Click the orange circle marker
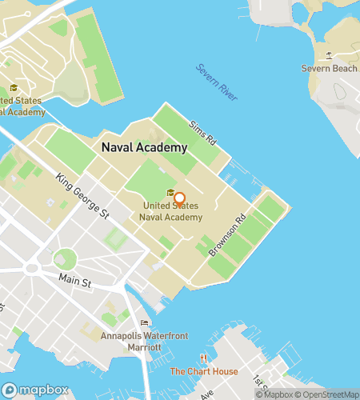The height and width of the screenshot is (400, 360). coord(179,199)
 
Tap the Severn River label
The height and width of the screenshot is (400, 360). coord(217,82)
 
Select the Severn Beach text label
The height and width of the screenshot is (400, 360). coord(329,69)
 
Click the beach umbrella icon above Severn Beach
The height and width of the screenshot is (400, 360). coord(329,55)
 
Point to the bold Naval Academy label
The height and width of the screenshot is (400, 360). coord(144,147)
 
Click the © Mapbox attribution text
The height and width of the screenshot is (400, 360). coord(274,394)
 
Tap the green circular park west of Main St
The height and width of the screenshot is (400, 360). coord(65,258)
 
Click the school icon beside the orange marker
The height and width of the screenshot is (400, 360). coord(170,193)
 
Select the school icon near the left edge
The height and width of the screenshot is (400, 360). coord(13,88)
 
